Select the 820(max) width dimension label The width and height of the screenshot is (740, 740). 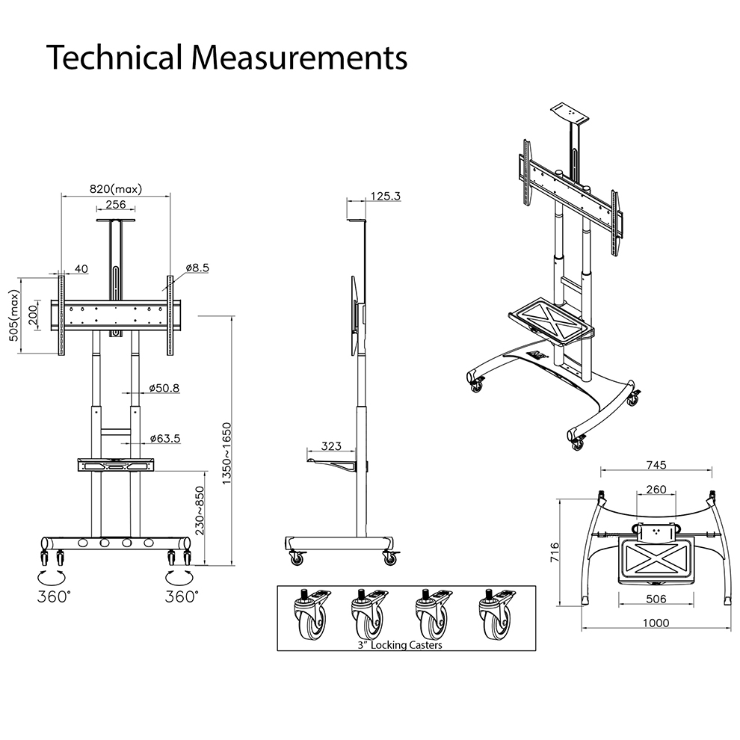tap(115, 188)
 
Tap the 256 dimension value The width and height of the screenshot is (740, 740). tap(115, 204)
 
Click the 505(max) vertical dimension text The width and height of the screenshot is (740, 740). tap(13, 315)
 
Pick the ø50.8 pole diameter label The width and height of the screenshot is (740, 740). tap(164, 388)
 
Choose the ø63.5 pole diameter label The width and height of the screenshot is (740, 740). tap(164, 438)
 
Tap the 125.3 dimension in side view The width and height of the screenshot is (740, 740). tap(385, 196)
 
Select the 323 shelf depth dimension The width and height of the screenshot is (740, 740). tap(331, 446)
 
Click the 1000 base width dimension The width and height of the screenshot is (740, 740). tap(656, 622)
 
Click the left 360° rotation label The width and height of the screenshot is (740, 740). tap(55, 597)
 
